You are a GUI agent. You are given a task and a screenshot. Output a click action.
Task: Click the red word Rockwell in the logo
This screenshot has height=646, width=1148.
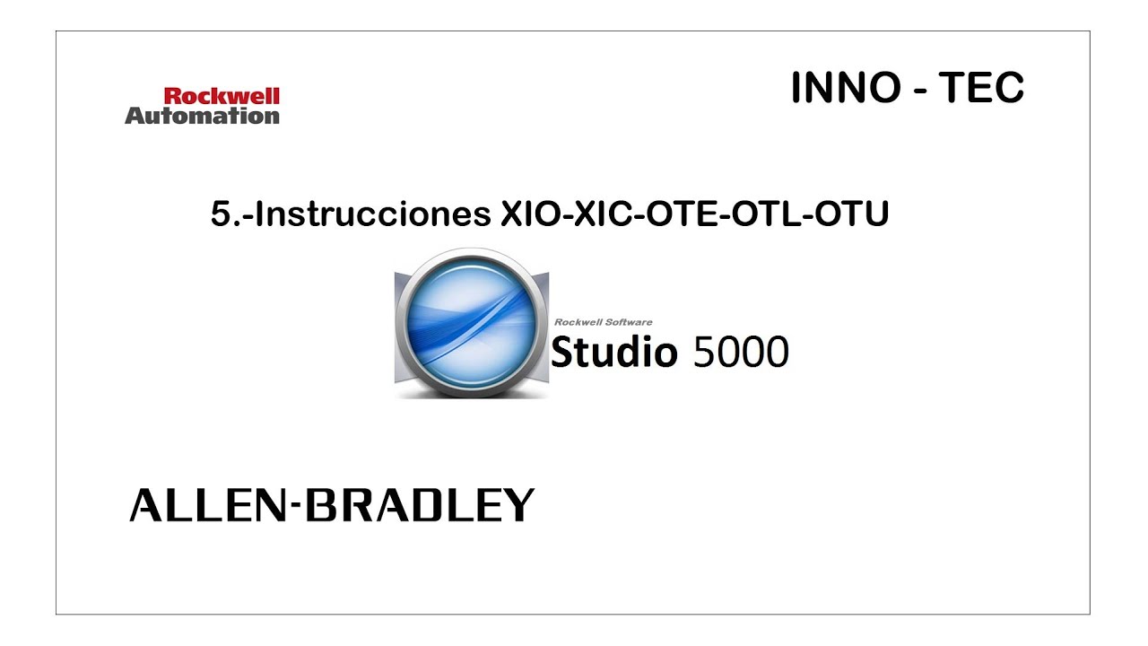(x=222, y=96)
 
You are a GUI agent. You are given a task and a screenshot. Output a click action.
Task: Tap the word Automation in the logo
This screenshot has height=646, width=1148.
(x=202, y=116)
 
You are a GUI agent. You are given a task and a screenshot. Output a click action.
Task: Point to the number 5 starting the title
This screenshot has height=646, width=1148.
(x=221, y=214)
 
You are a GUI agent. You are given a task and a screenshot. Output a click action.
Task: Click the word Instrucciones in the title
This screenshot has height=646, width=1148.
(x=373, y=214)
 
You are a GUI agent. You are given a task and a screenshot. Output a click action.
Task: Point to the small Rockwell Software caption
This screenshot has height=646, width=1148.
(x=603, y=322)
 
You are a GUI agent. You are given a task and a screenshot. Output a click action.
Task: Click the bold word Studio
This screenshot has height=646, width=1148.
(x=613, y=352)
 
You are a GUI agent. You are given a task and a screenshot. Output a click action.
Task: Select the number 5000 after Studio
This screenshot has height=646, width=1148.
(x=741, y=353)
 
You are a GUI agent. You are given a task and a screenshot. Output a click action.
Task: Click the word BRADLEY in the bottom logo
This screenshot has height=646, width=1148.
(x=419, y=506)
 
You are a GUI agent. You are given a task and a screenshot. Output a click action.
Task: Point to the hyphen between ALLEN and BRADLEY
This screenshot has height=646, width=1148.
(x=295, y=508)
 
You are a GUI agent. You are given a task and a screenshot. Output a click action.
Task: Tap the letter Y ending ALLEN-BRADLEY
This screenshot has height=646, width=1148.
(x=518, y=506)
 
